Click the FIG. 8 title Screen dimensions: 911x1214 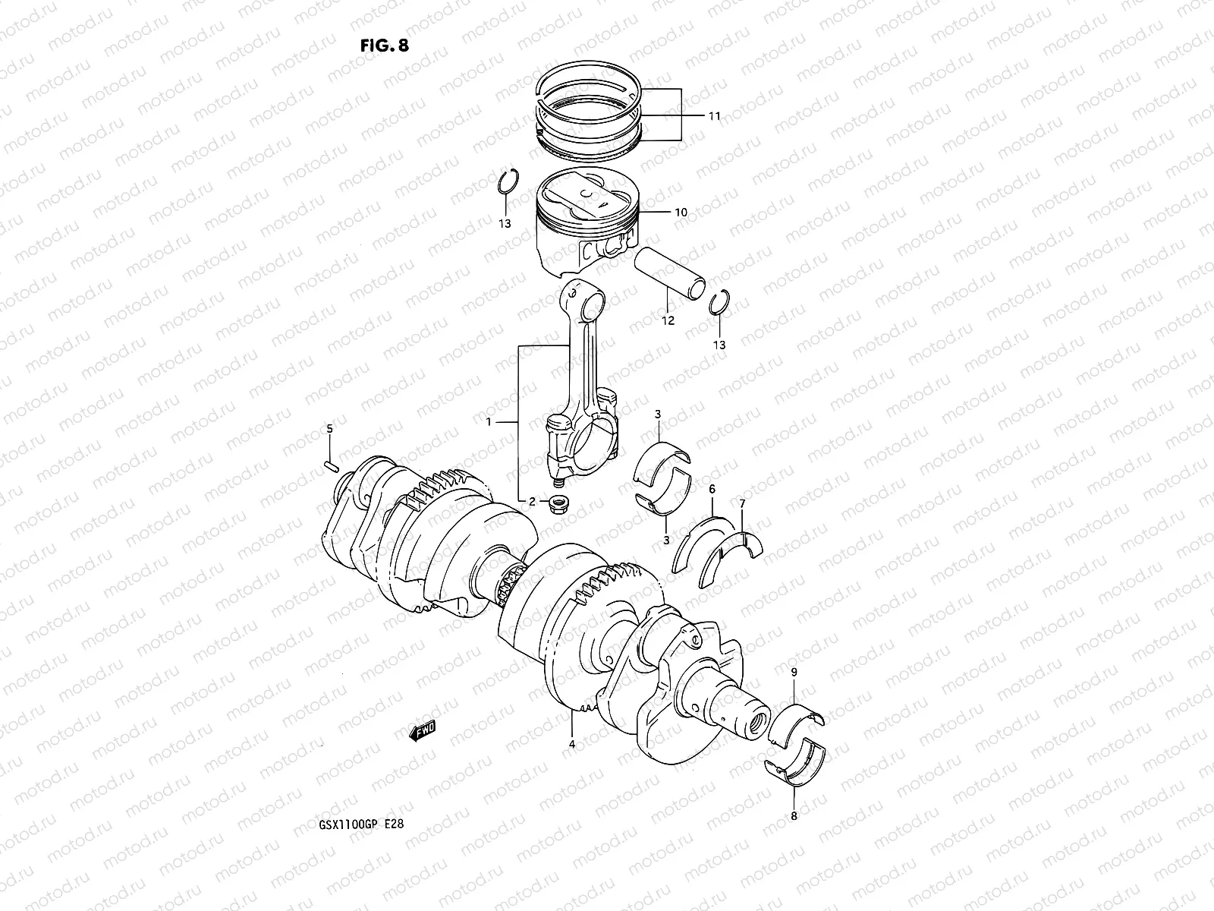coord(384,45)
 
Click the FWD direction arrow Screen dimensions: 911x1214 coord(422,730)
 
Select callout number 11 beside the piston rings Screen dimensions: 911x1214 coord(714,116)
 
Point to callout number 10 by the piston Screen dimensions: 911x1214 coord(681,213)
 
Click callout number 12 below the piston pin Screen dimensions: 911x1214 coord(668,321)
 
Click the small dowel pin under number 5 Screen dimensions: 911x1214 coord(330,465)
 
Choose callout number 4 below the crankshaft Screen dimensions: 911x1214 coord(572,745)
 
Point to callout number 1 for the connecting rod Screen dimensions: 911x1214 coord(489,421)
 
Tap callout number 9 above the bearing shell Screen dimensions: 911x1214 coord(794,673)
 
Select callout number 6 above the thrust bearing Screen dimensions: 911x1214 coord(712,490)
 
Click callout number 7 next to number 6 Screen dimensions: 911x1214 coord(742,503)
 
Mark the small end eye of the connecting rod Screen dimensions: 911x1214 coord(585,301)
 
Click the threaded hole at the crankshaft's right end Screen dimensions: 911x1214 coord(756,723)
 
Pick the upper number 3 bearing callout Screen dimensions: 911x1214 coord(658,414)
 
